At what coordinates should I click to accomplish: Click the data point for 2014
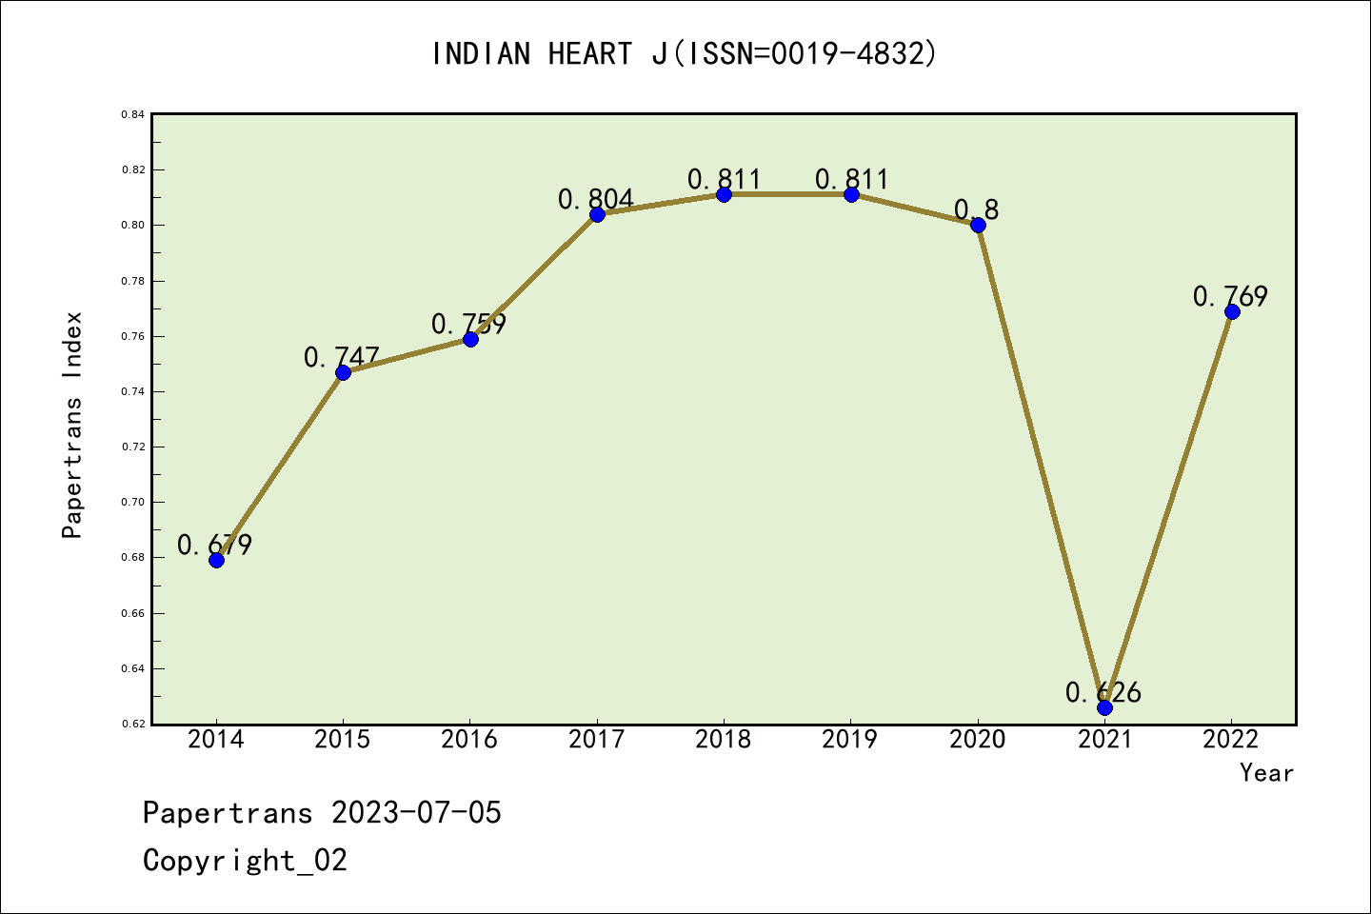pyautogui.click(x=216, y=560)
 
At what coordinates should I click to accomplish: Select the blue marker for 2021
pyautogui.click(x=1104, y=707)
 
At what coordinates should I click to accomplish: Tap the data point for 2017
pyautogui.click(x=597, y=214)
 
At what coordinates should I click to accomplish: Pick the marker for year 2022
pyautogui.click(x=1232, y=311)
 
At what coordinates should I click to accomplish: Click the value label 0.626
pyautogui.click(x=1103, y=692)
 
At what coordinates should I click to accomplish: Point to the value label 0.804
pyautogui.click(x=595, y=199)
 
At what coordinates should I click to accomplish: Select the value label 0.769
pyautogui.click(x=1230, y=296)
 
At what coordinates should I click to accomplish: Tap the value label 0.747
pyautogui.click(x=341, y=357)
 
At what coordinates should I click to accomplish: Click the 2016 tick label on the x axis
pyautogui.click(x=469, y=740)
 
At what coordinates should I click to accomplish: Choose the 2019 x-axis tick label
pyautogui.click(x=850, y=740)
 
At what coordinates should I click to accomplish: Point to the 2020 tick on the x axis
pyautogui.click(x=978, y=740)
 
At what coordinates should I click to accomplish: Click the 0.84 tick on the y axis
pyautogui.click(x=132, y=115)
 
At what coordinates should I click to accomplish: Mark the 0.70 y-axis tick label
pyautogui.click(x=132, y=502)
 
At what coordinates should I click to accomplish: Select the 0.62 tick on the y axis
pyautogui.click(x=132, y=725)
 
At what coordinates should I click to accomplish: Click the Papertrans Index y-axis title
pyautogui.click(x=72, y=425)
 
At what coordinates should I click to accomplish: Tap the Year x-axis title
pyautogui.click(x=1266, y=773)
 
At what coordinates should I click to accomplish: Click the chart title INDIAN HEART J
pyautogui.click(x=685, y=53)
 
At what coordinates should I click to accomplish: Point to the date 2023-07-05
pyautogui.click(x=416, y=813)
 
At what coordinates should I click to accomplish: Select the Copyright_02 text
pyautogui.click(x=245, y=861)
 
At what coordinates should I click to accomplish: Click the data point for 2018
pyautogui.click(x=724, y=194)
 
